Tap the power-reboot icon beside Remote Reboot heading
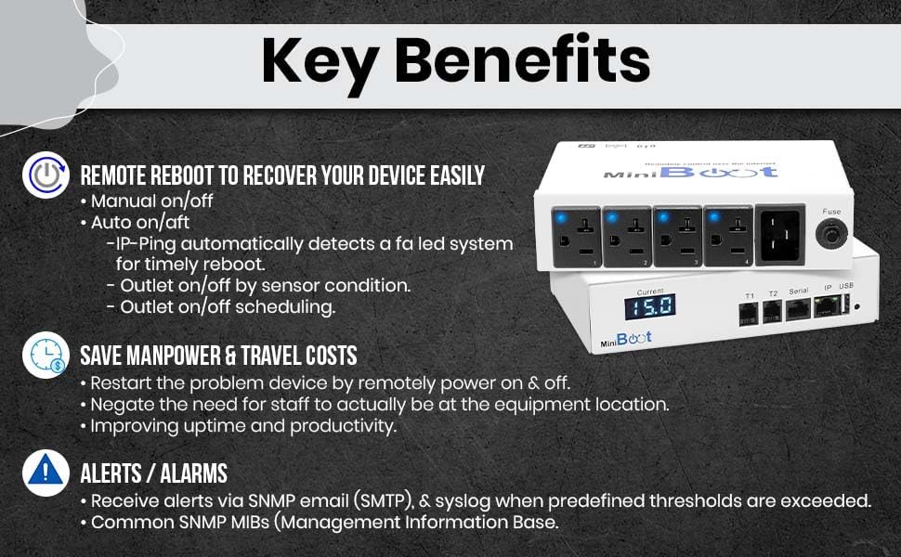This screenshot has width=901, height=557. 45,175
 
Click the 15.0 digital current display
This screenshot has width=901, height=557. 649,307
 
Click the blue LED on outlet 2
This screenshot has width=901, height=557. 612,217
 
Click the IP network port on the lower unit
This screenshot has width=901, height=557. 826,307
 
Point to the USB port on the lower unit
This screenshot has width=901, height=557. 846,304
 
